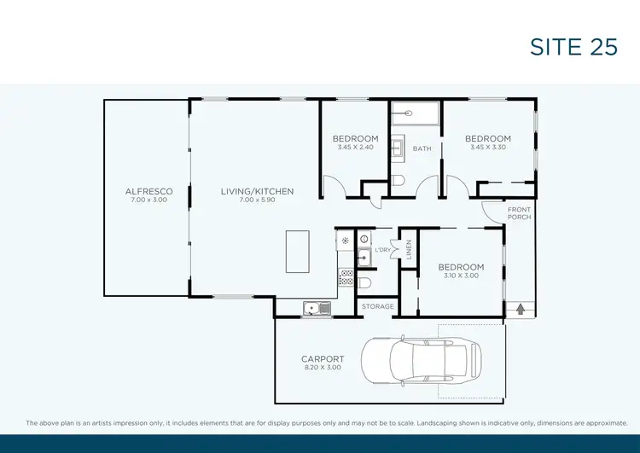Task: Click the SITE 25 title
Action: (x=573, y=47)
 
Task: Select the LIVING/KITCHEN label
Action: (x=257, y=191)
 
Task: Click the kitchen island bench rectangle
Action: (x=299, y=251)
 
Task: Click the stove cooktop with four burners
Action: (x=346, y=276)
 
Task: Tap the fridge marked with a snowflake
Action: (x=345, y=241)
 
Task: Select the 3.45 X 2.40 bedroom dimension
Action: (x=355, y=148)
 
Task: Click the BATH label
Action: (x=422, y=148)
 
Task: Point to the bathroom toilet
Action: (x=399, y=179)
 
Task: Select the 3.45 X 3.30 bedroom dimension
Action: (x=488, y=148)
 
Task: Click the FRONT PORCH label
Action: (x=519, y=213)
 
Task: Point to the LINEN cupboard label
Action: (x=410, y=249)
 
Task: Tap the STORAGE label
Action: (x=377, y=306)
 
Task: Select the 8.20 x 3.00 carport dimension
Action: (x=323, y=368)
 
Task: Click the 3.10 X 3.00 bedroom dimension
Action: (x=462, y=276)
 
